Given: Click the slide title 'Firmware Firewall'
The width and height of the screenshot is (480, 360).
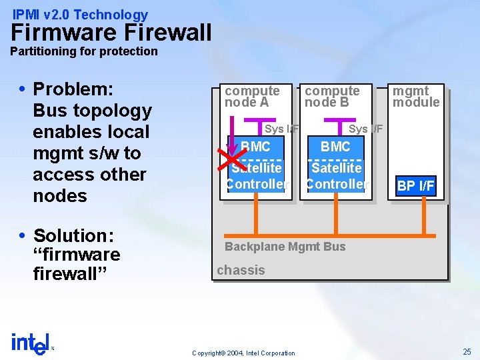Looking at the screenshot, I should [111, 32].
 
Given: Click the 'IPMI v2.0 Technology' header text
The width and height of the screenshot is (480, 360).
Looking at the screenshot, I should [81, 14].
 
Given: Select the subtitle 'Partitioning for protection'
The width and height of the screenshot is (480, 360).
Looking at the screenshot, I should [84, 51].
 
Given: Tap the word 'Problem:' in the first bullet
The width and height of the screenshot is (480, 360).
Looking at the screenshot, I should [73, 89].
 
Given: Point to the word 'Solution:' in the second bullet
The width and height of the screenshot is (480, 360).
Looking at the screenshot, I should [74, 235].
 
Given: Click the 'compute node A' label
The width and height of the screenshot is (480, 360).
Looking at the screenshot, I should [251, 96].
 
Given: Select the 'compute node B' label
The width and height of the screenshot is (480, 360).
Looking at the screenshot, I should [332, 96].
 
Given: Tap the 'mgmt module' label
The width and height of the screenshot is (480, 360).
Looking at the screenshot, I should [415, 96].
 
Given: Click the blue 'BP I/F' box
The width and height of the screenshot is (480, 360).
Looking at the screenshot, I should [415, 186].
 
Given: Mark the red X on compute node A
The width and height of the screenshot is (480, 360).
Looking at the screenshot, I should [231, 159].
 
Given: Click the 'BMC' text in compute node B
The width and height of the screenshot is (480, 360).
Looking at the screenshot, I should [335, 147].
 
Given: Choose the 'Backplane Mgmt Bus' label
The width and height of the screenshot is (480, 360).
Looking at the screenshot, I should [285, 247].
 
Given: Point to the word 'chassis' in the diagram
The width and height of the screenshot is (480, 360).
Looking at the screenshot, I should [241, 270].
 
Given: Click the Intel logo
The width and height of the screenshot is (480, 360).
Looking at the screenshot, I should [31, 343].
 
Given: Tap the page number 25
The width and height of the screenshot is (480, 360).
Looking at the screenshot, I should [467, 351].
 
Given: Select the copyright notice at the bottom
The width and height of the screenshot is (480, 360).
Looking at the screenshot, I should [243, 353].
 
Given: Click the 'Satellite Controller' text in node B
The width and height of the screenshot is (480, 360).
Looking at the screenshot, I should [336, 176].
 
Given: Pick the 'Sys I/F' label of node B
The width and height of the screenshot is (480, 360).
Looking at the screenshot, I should [366, 129].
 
